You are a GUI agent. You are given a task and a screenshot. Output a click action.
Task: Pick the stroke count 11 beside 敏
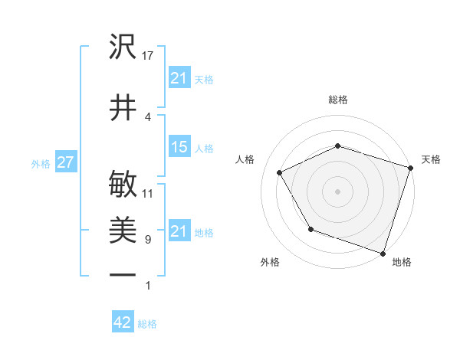(149, 193)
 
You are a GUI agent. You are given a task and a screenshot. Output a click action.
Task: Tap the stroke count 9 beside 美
(148, 240)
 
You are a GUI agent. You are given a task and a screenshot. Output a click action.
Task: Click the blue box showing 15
(179, 148)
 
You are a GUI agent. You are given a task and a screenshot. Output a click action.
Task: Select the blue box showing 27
(65, 162)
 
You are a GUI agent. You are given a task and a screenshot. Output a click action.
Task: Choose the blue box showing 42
(123, 322)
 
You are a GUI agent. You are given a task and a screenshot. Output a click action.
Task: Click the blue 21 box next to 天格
(179, 78)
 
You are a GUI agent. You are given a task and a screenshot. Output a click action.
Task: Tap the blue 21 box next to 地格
(179, 231)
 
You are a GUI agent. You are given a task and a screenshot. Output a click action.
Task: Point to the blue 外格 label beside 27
(41, 163)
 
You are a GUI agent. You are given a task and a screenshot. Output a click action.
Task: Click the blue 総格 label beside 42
(147, 323)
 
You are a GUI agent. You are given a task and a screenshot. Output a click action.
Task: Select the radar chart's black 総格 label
(337, 100)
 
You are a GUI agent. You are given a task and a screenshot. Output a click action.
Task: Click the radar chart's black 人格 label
(245, 159)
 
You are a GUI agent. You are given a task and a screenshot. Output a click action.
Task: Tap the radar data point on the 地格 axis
(383, 252)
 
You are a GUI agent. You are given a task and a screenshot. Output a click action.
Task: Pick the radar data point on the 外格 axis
(310, 229)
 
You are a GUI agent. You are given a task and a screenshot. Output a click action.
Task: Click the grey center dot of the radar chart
(337, 191)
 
